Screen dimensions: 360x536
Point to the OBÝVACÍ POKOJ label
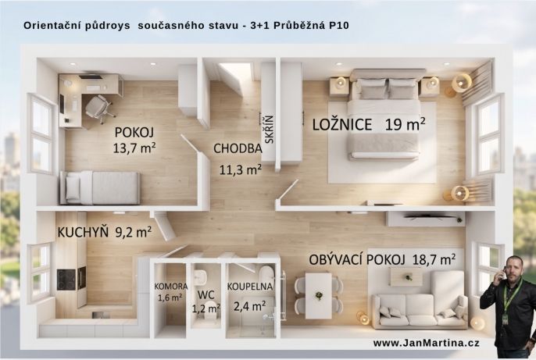coord(356,258)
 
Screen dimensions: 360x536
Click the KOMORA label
coord(170,286)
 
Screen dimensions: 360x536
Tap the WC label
coord(206,295)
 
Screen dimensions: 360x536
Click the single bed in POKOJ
coord(102,187)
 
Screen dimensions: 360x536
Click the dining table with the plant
coord(318,295)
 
